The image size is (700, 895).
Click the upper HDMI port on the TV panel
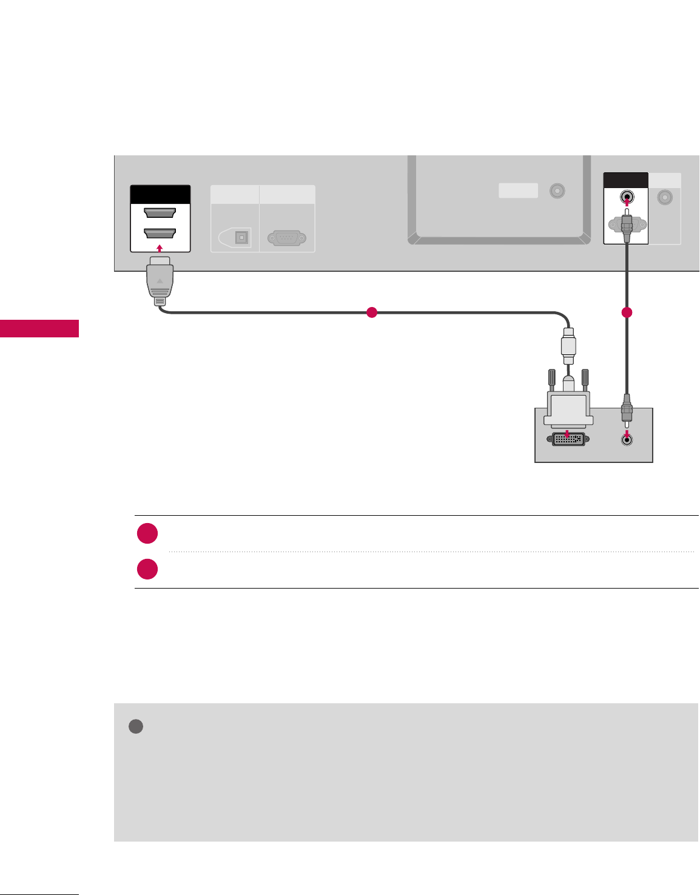coord(160,213)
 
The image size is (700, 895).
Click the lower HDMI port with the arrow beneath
coord(160,234)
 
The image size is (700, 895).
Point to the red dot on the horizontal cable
coord(372,312)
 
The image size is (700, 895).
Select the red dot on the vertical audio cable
coord(627,312)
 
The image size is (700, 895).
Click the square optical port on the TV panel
coord(242,237)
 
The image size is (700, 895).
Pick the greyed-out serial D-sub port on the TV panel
coord(286,237)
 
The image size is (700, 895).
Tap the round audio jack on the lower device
coord(627,441)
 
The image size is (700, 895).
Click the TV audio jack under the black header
coord(627,197)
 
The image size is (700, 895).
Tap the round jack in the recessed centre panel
coord(557,191)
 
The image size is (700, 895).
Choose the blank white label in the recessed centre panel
coord(518,191)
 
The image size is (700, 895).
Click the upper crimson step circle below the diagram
coord(147,534)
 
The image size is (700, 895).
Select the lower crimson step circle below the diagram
coord(147,569)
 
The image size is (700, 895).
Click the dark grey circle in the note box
coord(136,726)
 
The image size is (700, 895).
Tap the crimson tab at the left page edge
coord(39,328)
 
